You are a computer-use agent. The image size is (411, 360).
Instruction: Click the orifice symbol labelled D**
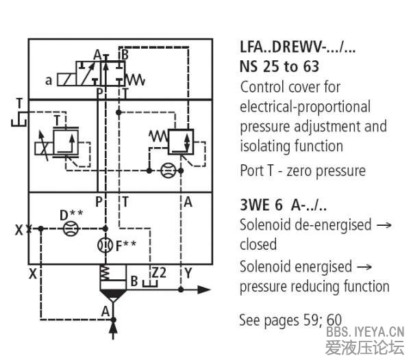(x=67, y=228)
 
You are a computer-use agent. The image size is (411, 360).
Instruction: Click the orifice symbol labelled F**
(x=104, y=245)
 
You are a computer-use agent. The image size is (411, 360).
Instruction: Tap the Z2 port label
(x=159, y=272)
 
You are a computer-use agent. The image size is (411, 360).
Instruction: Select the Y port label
(x=188, y=273)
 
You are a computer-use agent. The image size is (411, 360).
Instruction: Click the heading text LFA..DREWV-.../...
(x=298, y=48)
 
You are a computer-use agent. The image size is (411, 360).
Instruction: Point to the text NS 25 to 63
(x=279, y=67)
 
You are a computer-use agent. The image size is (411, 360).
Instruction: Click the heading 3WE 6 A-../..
(x=283, y=205)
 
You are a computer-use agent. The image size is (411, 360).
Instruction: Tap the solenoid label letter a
(x=49, y=81)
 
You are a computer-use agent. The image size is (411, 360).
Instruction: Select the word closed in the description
(x=258, y=244)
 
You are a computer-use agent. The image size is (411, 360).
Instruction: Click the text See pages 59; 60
(x=289, y=319)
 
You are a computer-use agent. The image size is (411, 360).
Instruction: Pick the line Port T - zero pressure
(x=303, y=170)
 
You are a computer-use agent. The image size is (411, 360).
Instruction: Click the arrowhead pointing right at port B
(x=203, y=290)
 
